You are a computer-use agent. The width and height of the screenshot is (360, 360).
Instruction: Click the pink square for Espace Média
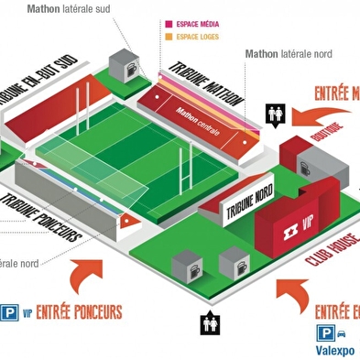[x=169, y=25]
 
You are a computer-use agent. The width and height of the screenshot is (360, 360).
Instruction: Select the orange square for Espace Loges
[x=169, y=38]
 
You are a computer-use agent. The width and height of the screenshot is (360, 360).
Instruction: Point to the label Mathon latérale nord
[x=289, y=54]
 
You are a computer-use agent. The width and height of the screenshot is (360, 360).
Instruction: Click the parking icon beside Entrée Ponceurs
[x=10, y=312]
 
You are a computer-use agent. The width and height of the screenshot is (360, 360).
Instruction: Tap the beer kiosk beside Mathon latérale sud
[x=123, y=67]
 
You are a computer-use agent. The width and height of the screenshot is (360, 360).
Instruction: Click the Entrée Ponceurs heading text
[x=78, y=312]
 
